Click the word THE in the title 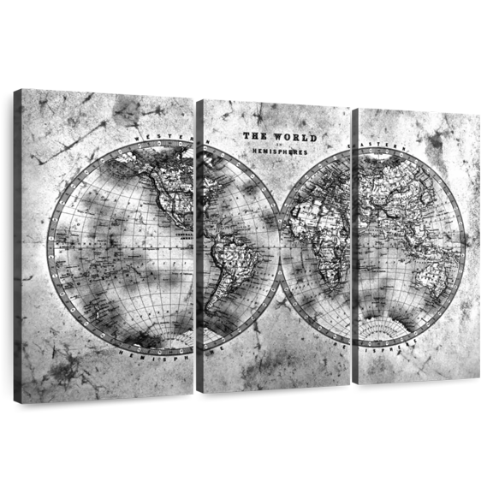(252, 136)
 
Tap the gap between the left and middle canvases (196, 240)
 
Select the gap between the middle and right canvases (352, 240)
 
